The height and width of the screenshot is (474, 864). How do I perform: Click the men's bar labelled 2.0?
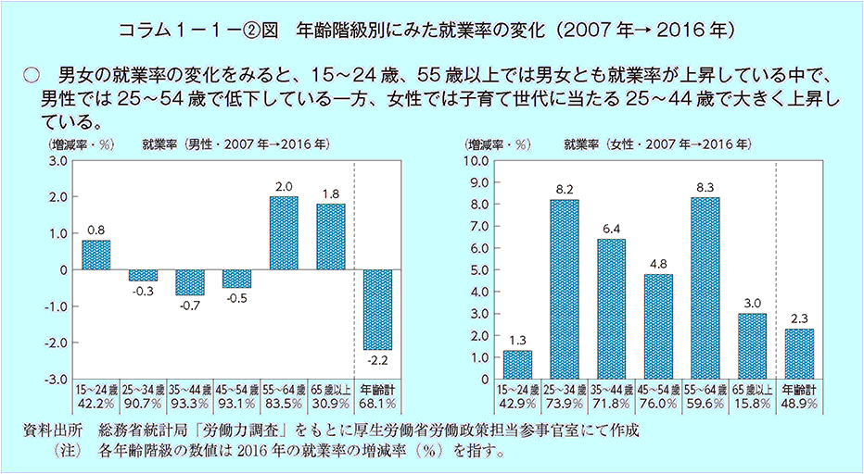(284, 232)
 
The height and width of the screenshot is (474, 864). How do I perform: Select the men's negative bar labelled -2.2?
(377, 309)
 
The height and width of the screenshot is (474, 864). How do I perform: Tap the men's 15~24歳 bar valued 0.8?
(96, 255)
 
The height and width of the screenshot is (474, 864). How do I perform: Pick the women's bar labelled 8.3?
(705, 288)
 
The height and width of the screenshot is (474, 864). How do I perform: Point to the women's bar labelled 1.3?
(516, 365)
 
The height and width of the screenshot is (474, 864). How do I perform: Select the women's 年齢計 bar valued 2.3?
(798, 354)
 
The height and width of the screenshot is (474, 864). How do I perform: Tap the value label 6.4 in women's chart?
(610, 229)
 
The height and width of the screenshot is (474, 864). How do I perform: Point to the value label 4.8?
(657, 264)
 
